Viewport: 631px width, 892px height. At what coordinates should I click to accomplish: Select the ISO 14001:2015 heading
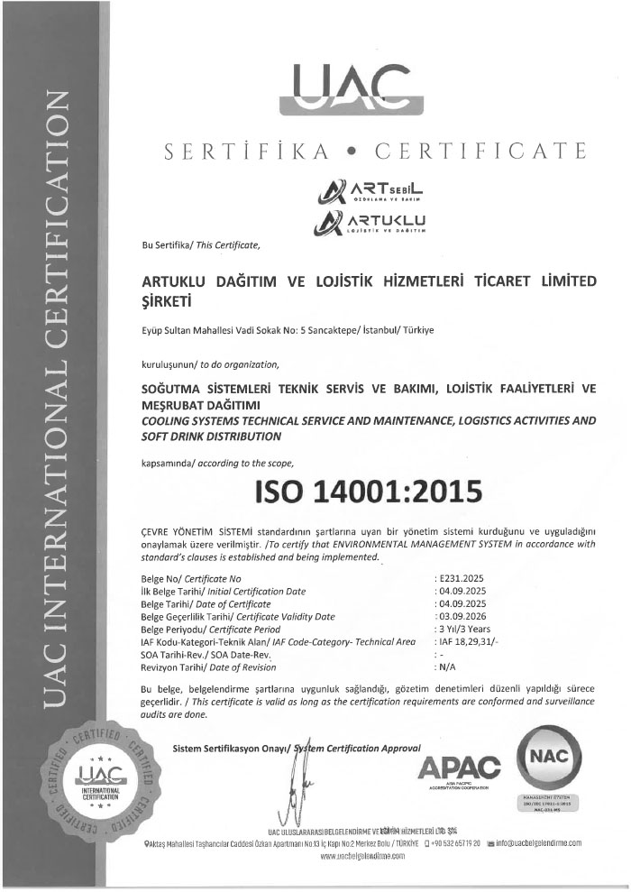tap(370, 492)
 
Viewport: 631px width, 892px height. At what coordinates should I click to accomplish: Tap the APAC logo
tap(460, 768)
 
